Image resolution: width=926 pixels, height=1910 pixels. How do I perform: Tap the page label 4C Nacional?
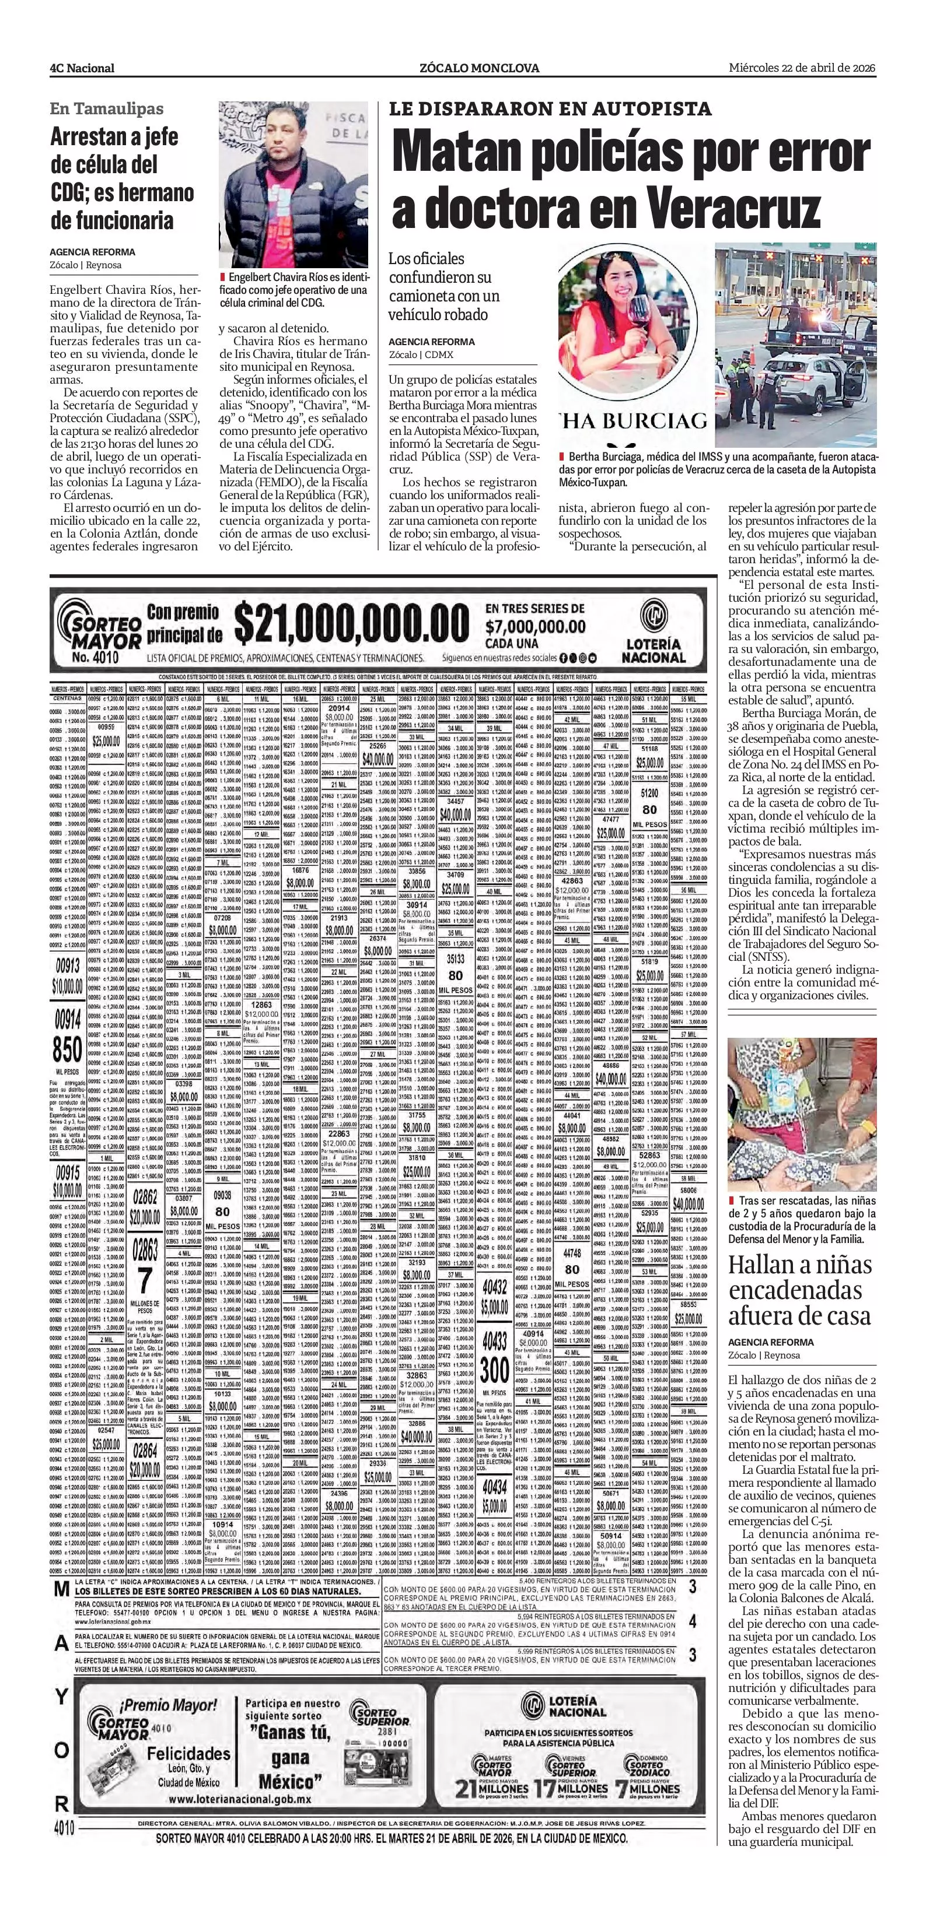click(82, 68)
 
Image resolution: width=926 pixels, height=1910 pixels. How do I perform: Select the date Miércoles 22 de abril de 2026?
click(801, 68)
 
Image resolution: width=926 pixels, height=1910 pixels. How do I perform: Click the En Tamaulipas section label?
click(107, 109)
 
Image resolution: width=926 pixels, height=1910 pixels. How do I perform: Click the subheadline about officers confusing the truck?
click(443, 286)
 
